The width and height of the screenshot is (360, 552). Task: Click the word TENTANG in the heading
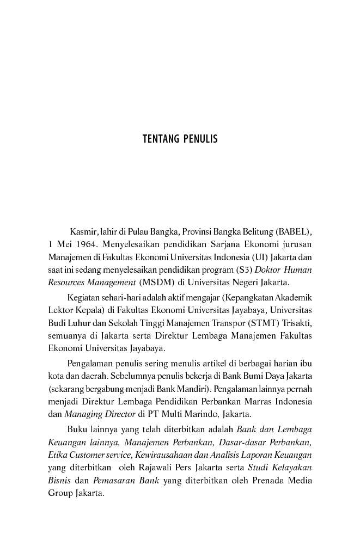click(x=160, y=139)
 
